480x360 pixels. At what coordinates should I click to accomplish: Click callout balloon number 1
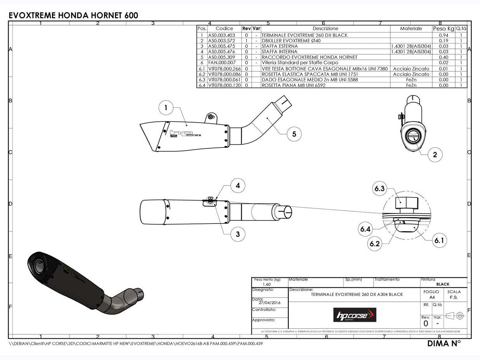[166, 108]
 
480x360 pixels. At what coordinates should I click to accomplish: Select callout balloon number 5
[294, 134]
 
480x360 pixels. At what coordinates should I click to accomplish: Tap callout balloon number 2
[435, 154]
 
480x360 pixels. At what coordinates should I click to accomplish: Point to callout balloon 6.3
[379, 189]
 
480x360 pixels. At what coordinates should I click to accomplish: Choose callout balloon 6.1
[439, 241]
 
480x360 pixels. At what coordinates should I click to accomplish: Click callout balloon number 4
[237, 185]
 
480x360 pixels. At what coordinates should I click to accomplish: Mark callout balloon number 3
[237, 234]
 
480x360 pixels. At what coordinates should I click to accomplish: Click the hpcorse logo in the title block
[355, 315]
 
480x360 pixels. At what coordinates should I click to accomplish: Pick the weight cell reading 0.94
[443, 35]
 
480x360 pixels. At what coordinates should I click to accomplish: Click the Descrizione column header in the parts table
[325, 29]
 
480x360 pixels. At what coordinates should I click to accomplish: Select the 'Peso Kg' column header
[443, 29]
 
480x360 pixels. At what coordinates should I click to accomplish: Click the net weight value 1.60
[267, 284]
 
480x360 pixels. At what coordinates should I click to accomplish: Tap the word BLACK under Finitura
[442, 284]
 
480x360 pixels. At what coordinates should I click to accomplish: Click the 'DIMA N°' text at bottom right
[444, 343]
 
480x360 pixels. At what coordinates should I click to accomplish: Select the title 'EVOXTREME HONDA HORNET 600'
[73, 16]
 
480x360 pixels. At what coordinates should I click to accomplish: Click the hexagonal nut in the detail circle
[406, 202]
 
